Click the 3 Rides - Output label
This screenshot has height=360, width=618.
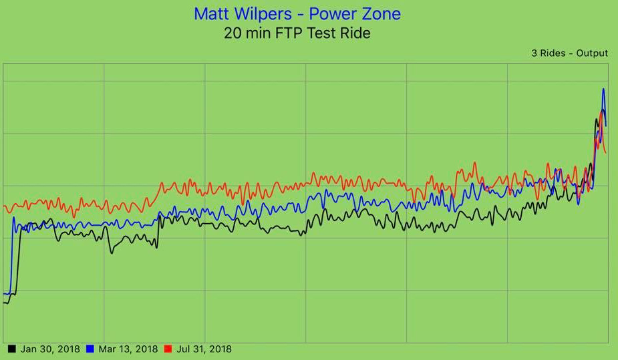click(x=569, y=53)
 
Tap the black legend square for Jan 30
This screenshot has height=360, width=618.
click(x=12, y=349)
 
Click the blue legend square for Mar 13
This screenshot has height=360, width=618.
click(x=90, y=349)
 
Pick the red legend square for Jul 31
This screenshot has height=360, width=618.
click(x=168, y=349)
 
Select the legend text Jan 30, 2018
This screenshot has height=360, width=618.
click(x=50, y=349)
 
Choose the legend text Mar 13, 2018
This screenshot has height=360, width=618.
click(x=128, y=349)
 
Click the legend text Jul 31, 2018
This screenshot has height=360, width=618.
click(x=204, y=349)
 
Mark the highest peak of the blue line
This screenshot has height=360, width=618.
click(x=603, y=88)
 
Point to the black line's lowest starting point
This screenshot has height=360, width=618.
click(x=5, y=303)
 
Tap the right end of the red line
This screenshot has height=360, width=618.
click(x=605, y=154)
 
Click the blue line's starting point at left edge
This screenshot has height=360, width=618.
click(x=5, y=293)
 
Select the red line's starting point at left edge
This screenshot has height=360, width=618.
click(x=5, y=206)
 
